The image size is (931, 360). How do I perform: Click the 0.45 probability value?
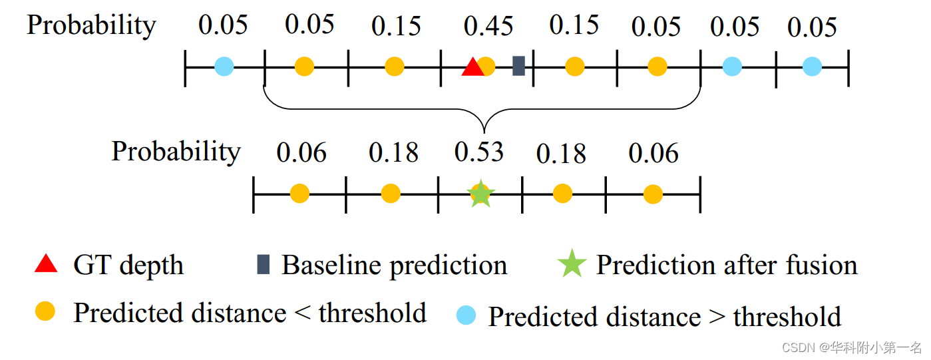point(488,27)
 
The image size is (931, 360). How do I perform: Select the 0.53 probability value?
point(479,152)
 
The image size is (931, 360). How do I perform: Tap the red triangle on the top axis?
point(472,67)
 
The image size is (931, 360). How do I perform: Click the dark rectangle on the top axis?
point(518,66)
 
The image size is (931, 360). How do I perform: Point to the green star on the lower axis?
point(480,194)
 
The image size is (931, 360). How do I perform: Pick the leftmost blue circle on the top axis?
point(224,67)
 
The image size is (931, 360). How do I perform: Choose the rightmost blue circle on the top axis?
point(811,67)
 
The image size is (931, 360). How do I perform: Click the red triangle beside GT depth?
point(46,264)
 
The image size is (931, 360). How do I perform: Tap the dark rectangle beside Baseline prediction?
point(263,264)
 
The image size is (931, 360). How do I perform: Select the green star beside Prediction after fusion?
point(572,264)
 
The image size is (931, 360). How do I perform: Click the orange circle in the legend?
point(45,311)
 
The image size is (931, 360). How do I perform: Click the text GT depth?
point(128,266)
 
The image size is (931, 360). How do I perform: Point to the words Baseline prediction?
point(394,266)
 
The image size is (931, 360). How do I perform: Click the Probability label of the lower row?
point(176,152)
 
